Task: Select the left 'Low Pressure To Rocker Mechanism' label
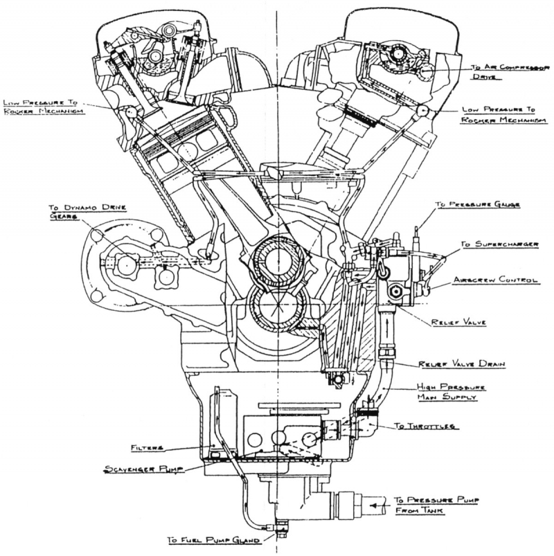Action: point(42,107)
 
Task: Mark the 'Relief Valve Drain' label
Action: point(461,364)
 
